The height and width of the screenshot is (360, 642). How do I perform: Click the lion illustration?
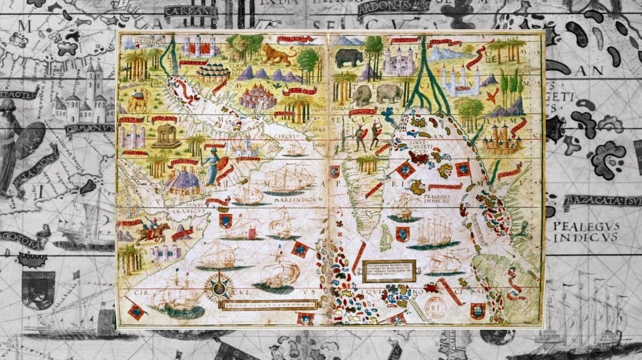278,55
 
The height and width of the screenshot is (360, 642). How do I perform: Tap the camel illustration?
137,100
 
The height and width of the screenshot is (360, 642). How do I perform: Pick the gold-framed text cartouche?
389,271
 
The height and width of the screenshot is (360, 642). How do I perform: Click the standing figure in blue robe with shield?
211,166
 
